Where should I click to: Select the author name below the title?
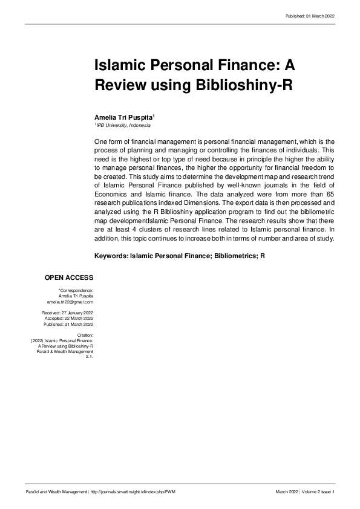tap(124, 115)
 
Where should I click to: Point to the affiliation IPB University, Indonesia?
tap(123, 125)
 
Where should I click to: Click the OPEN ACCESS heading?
tap(69, 277)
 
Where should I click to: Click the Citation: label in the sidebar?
tap(85, 334)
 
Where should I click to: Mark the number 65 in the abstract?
tap(330, 203)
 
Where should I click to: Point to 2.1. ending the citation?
tap(89, 357)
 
